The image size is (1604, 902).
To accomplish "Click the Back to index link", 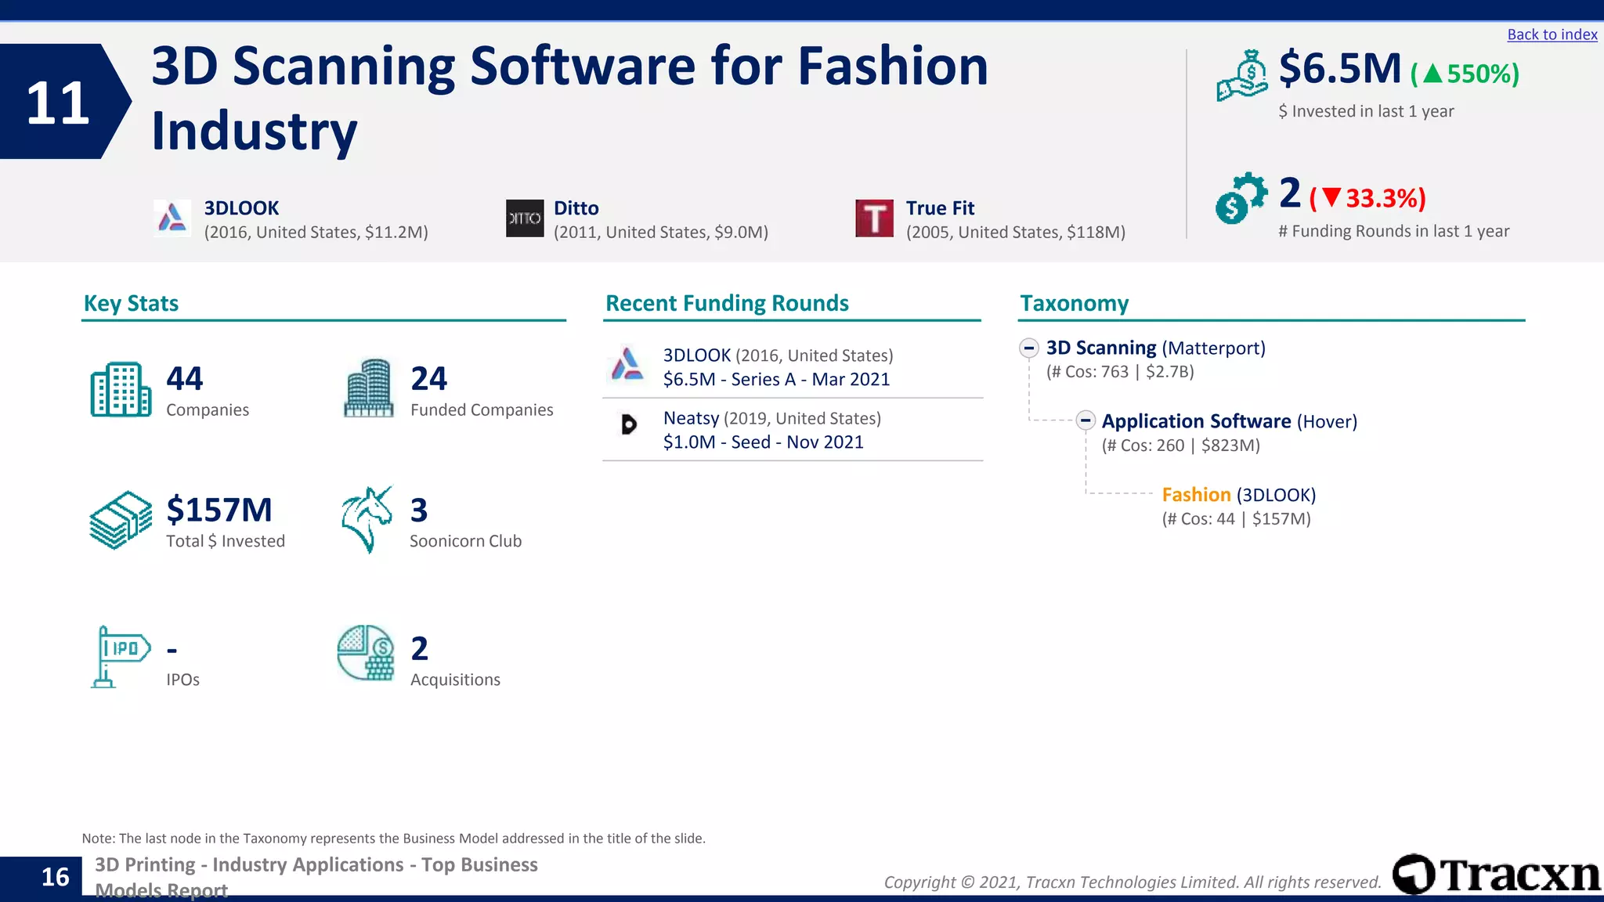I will tap(1552, 34).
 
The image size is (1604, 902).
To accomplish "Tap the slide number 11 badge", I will tap(59, 102).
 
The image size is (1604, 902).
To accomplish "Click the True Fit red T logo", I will tap(874, 218).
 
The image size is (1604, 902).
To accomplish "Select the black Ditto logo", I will tap(525, 218).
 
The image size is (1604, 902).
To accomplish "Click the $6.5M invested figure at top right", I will tap(1339, 69).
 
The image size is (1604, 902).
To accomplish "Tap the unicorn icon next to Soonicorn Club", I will tap(367, 519).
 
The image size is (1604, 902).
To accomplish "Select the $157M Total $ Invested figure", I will tap(219, 511).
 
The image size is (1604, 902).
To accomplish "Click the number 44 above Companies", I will tap(185, 379).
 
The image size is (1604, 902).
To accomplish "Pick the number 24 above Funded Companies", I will tap(429, 379).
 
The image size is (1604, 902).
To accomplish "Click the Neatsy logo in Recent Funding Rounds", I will tap(628, 424).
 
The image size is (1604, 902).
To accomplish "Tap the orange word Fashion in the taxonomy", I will tap(1196, 495).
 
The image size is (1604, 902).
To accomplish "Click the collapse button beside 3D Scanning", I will tap(1029, 348).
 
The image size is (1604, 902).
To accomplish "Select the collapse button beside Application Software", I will tap(1085, 420).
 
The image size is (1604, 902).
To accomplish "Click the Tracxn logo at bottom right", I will tap(1496, 875).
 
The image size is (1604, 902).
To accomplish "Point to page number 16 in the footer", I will tap(55, 877).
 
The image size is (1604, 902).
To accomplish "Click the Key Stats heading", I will tap(131, 304).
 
